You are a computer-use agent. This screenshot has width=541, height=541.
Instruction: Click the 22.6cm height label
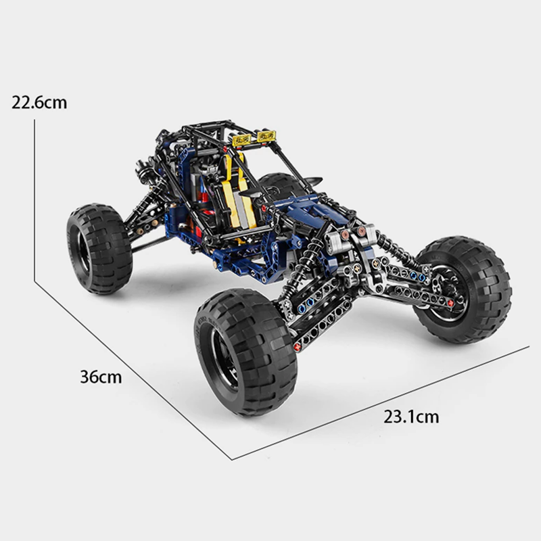click(x=39, y=103)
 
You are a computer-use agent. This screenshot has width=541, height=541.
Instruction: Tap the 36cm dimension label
click(x=101, y=377)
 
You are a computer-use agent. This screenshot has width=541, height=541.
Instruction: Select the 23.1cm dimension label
click(x=411, y=417)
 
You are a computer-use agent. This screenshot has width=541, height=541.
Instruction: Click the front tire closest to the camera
click(x=246, y=352)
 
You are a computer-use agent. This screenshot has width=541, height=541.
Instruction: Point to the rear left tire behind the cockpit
click(x=99, y=248)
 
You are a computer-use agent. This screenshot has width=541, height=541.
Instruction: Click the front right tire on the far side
click(x=463, y=290)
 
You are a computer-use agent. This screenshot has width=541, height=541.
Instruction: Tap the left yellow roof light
click(x=241, y=140)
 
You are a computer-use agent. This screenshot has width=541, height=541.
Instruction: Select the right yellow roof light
click(x=266, y=136)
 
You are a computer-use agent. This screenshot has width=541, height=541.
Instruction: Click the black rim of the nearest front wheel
click(x=225, y=359)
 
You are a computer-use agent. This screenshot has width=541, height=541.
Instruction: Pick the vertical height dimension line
click(x=34, y=200)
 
